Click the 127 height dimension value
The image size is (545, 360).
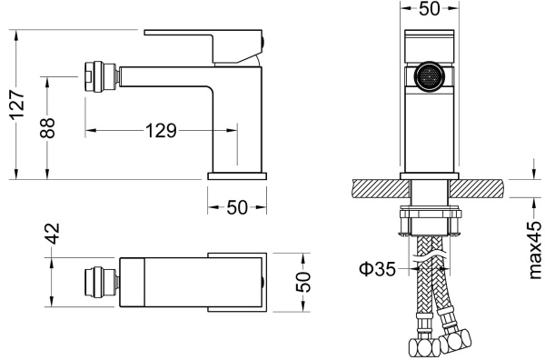point(17,105)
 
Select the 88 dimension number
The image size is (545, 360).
point(47,128)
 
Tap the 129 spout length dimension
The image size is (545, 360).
point(161,131)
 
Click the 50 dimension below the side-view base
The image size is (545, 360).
point(237,207)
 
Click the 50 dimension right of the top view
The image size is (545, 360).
point(302,282)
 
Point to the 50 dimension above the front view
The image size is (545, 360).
point(430,9)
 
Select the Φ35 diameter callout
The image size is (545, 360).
point(377,269)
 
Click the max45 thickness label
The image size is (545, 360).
point(535,250)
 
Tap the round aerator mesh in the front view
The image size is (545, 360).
point(430,76)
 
